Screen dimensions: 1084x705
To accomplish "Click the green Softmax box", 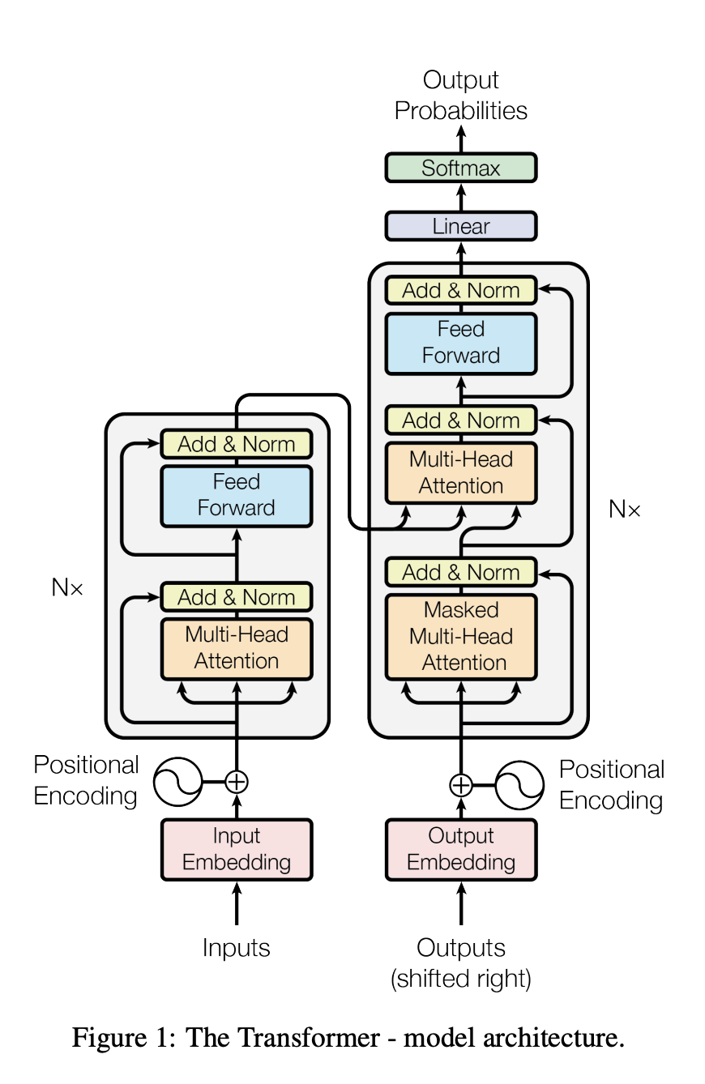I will pos(460,168).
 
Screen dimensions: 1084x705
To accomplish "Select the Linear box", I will pos(460,226).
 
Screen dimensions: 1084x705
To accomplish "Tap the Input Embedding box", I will pos(236,849).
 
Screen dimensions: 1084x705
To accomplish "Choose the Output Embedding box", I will pos(460,849).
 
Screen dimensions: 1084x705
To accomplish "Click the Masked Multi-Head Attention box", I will pos(460,637).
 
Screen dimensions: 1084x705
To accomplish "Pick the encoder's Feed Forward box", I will pos(236,495).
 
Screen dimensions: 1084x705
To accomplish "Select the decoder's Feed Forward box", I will pos(460,343).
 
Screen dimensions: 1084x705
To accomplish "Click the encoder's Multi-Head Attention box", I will pos(236,648).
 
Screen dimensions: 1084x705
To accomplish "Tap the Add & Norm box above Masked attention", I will pos(460,572).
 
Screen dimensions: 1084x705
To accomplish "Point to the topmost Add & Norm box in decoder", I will pos(460,290).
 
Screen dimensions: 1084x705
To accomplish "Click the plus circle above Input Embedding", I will pos(236,782).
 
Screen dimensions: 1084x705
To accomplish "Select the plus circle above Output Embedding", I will pos(460,785).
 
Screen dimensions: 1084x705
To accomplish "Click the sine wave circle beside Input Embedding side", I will pos(177,782).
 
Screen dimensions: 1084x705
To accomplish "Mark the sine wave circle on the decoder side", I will pos(519,785).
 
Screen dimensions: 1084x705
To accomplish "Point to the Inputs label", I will pos(236,948).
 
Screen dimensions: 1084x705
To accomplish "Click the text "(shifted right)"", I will pos(460,979).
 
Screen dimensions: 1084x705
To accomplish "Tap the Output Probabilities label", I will pos(460,96).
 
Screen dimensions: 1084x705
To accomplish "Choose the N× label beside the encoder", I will pos(67,588).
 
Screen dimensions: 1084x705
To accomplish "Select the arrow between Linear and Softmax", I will pos(461,197).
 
